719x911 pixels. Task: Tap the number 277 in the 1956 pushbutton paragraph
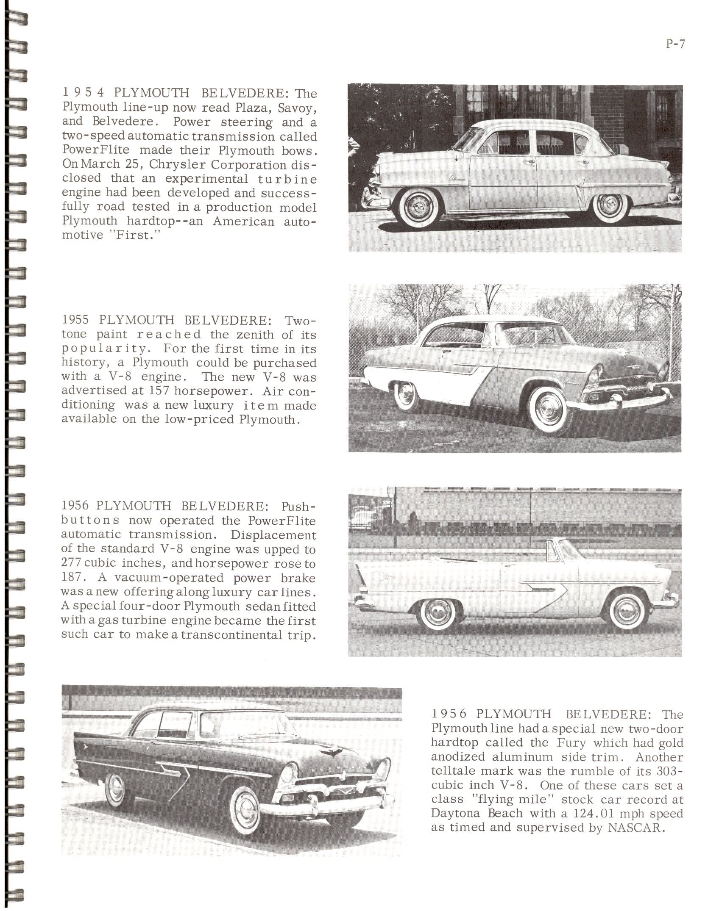click(x=71, y=564)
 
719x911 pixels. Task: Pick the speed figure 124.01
click(x=593, y=814)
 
